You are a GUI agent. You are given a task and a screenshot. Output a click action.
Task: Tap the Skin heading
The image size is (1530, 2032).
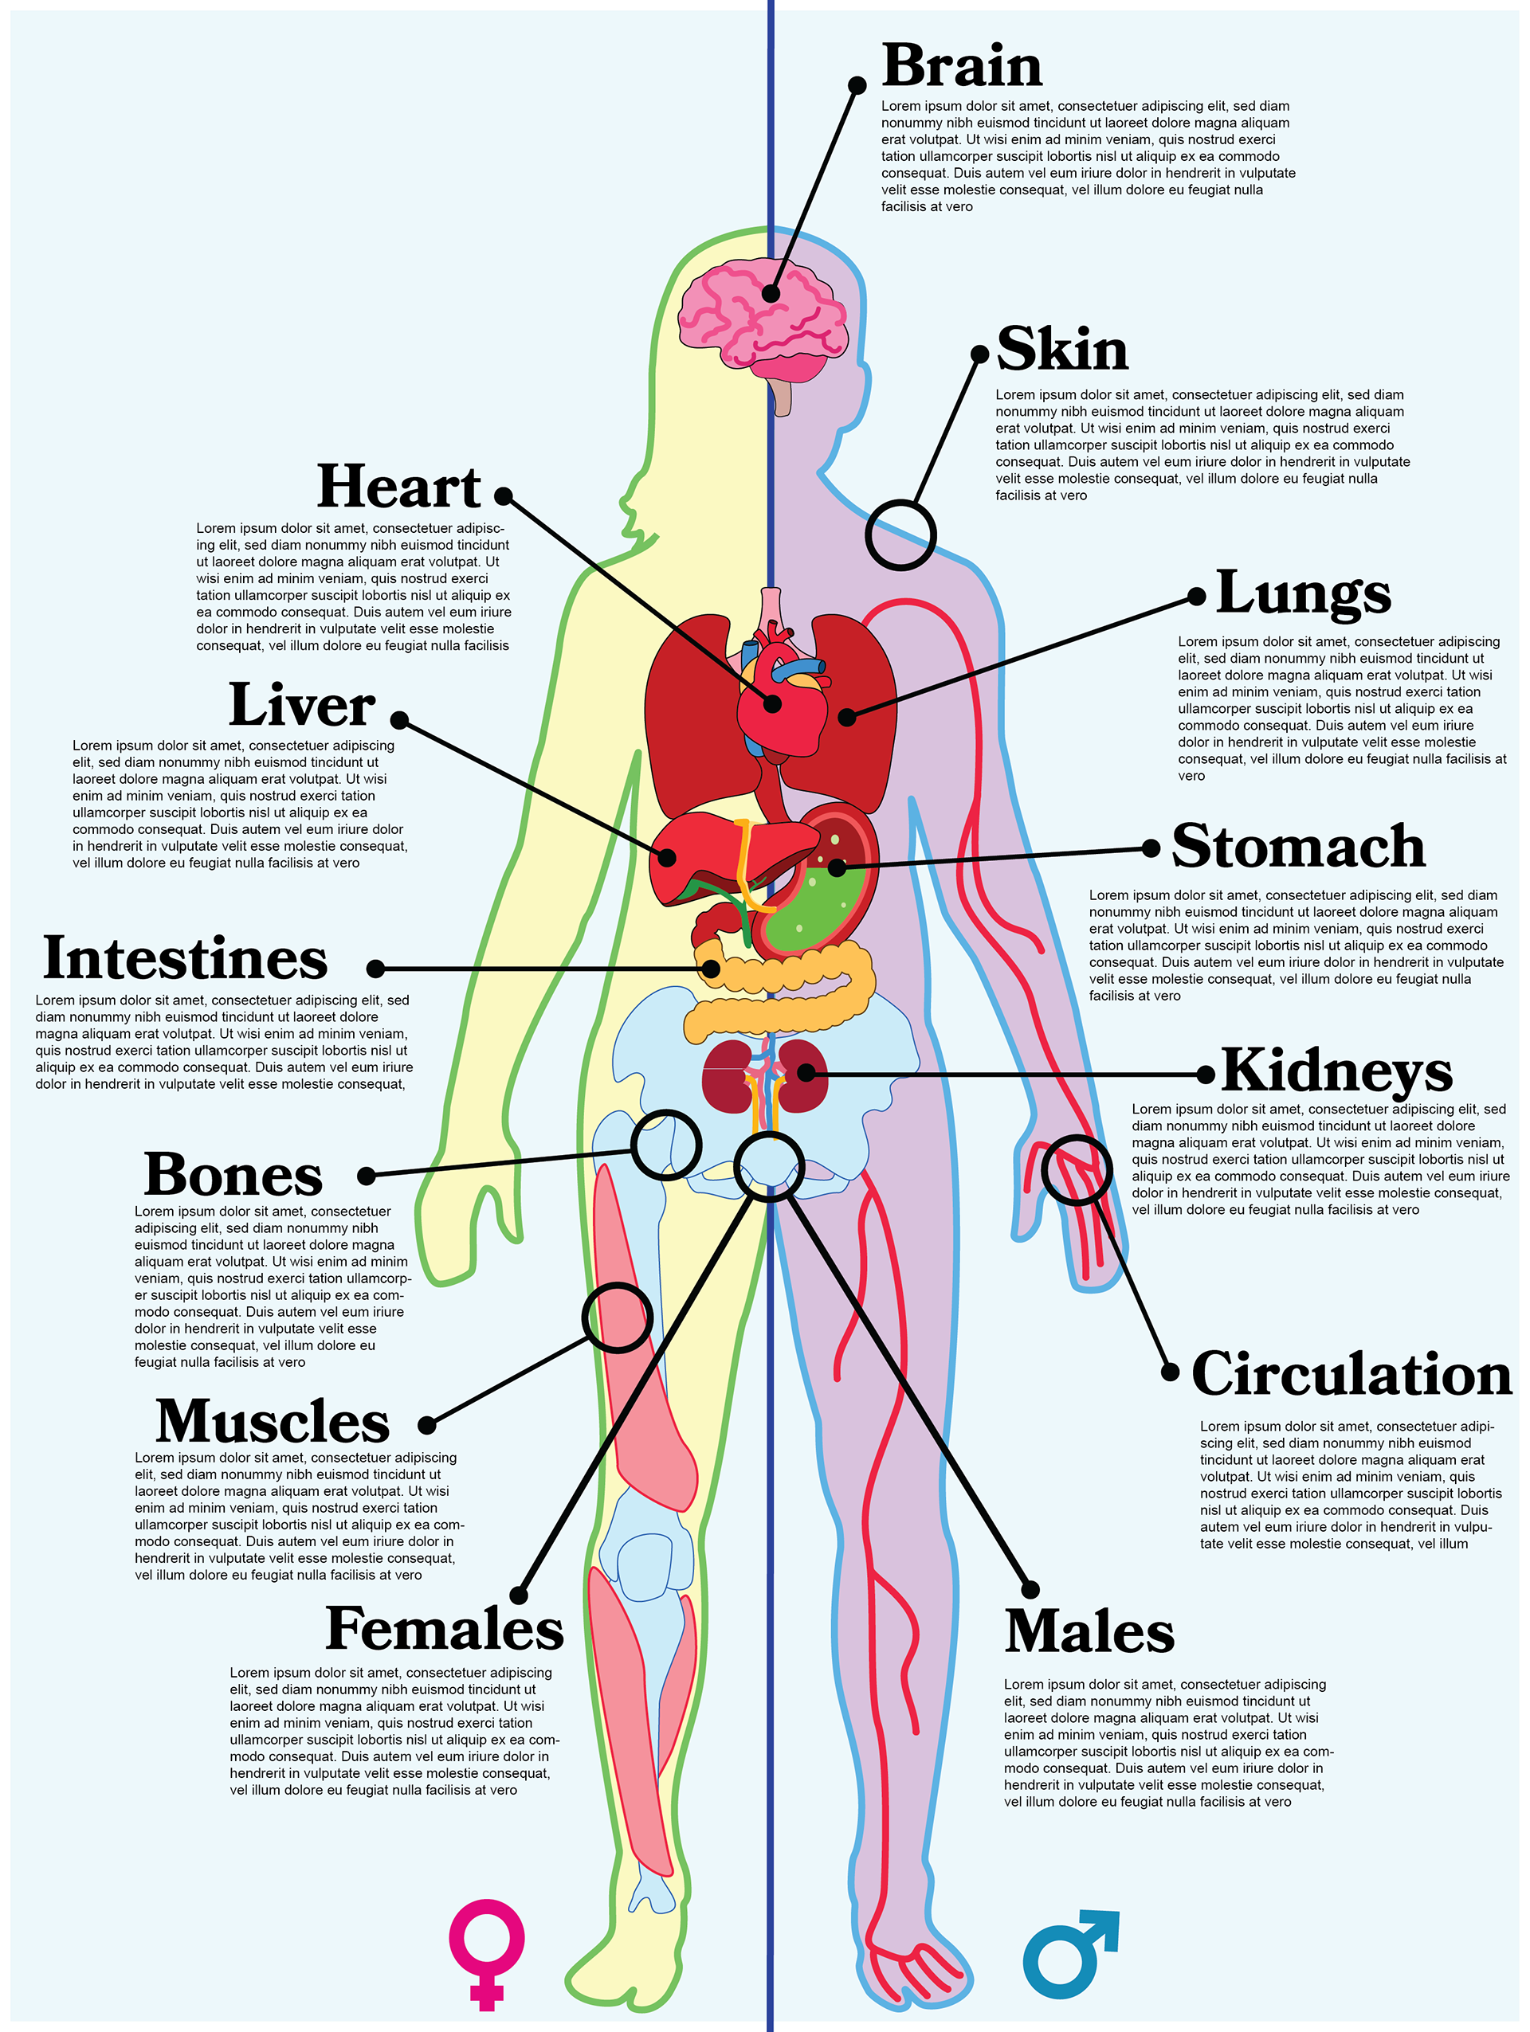[1062, 350]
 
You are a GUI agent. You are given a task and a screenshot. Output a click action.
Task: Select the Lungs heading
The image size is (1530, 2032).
[1303, 593]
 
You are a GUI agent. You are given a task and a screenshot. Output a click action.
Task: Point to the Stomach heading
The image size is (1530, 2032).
[1297, 847]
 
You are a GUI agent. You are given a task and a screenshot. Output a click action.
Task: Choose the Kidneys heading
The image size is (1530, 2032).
[1336, 1071]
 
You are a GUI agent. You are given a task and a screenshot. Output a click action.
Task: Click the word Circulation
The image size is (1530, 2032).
[1351, 1375]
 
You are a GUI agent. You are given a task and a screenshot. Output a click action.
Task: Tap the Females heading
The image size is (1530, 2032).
[445, 1630]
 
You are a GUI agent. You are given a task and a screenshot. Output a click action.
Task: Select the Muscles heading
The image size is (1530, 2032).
[273, 1422]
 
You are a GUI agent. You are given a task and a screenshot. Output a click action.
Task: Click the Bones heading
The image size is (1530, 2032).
[233, 1176]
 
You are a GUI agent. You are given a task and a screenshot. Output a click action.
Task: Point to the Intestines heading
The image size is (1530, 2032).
[186, 959]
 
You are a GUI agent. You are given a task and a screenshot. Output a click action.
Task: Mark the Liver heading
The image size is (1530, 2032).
[301, 706]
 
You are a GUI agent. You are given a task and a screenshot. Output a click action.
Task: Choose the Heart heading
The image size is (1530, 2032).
[398, 487]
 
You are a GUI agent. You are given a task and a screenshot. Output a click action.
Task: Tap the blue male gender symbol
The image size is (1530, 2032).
[1068, 1954]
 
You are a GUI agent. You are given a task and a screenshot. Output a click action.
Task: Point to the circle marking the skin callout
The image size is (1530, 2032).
[900, 535]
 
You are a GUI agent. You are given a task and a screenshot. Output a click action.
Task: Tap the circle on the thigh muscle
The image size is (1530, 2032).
[618, 1317]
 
